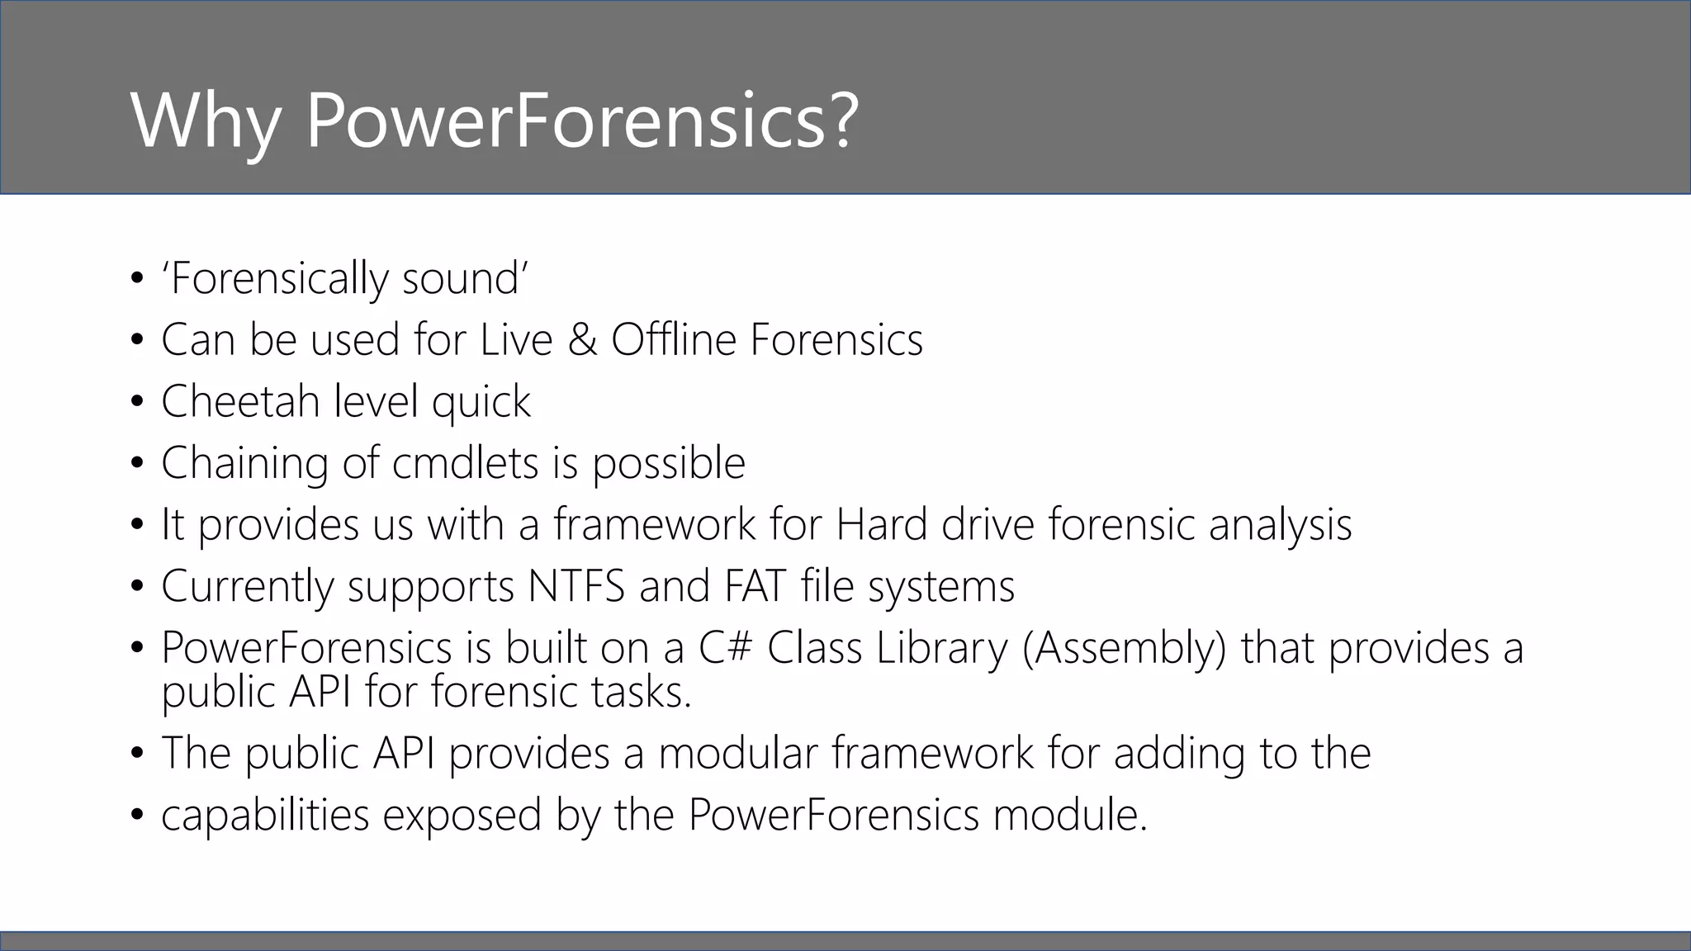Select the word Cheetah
click(240, 402)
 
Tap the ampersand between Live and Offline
click(582, 340)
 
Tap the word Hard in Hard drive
click(882, 525)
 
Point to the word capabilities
click(265, 816)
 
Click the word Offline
click(673, 340)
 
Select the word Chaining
click(244, 463)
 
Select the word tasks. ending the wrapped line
click(641, 692)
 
